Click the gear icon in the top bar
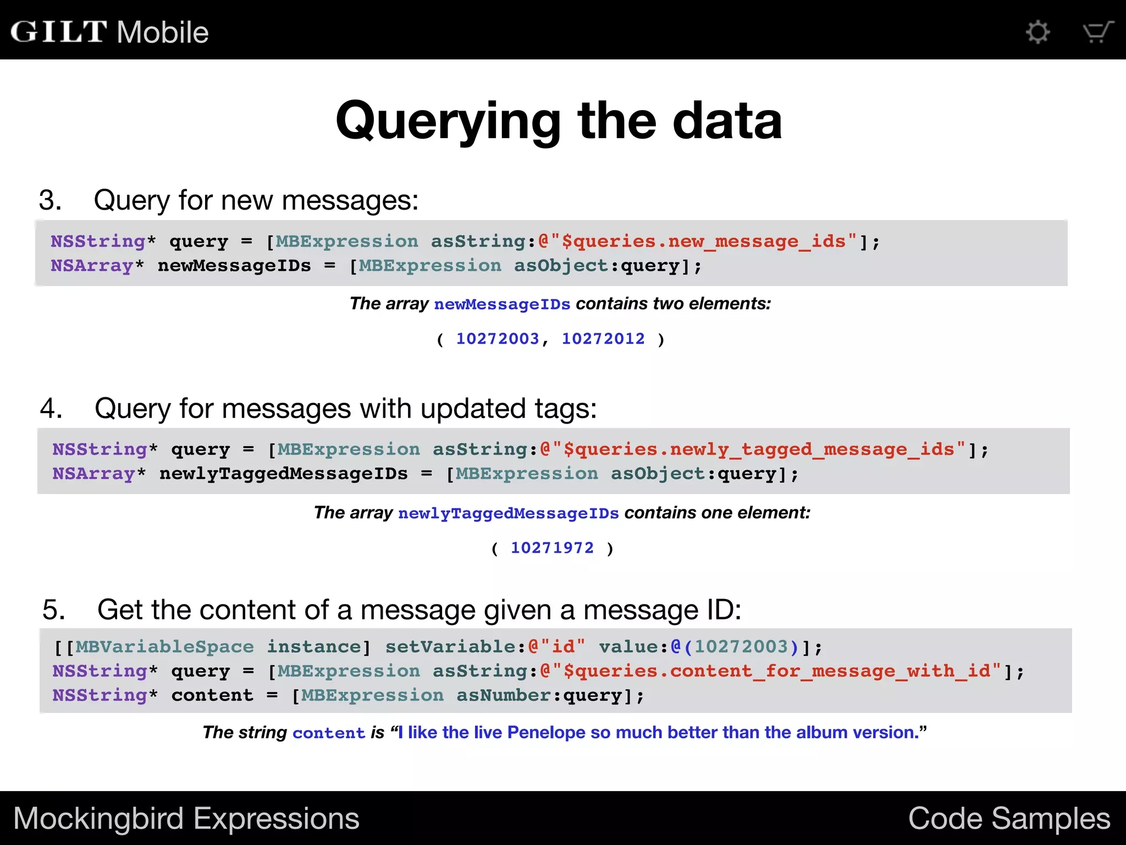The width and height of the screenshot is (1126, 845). pyautogui.click(x=1037, y=32)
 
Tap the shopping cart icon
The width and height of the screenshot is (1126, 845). pyautogui.click(x=1097, y=32)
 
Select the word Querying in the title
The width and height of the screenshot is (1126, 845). pyautogui.click(x=448, y=121)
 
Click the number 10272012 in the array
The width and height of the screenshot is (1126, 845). pyautogui.click(x=603, y=339)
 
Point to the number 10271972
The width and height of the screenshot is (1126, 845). pyautogui.click(x=552, y=548)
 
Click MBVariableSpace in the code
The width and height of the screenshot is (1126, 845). pyautogui.click(x=165, y=647)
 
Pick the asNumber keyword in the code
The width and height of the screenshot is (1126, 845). pyautogui.click(x=504, y=695)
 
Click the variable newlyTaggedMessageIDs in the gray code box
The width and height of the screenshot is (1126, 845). pyautogui.click(x=284, y=474)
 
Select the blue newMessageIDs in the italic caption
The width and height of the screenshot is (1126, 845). pyautogui.click(x=502, y=304)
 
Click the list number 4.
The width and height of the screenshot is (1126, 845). pyautogui.click(x=51, y=409)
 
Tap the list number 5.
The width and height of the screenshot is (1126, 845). pyautogui.click(x=53, y=610)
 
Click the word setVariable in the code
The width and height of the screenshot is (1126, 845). pyautogui.click(x=450, y=647)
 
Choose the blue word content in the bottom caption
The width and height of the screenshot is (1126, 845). pyautogui.click(x=329, y=733)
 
